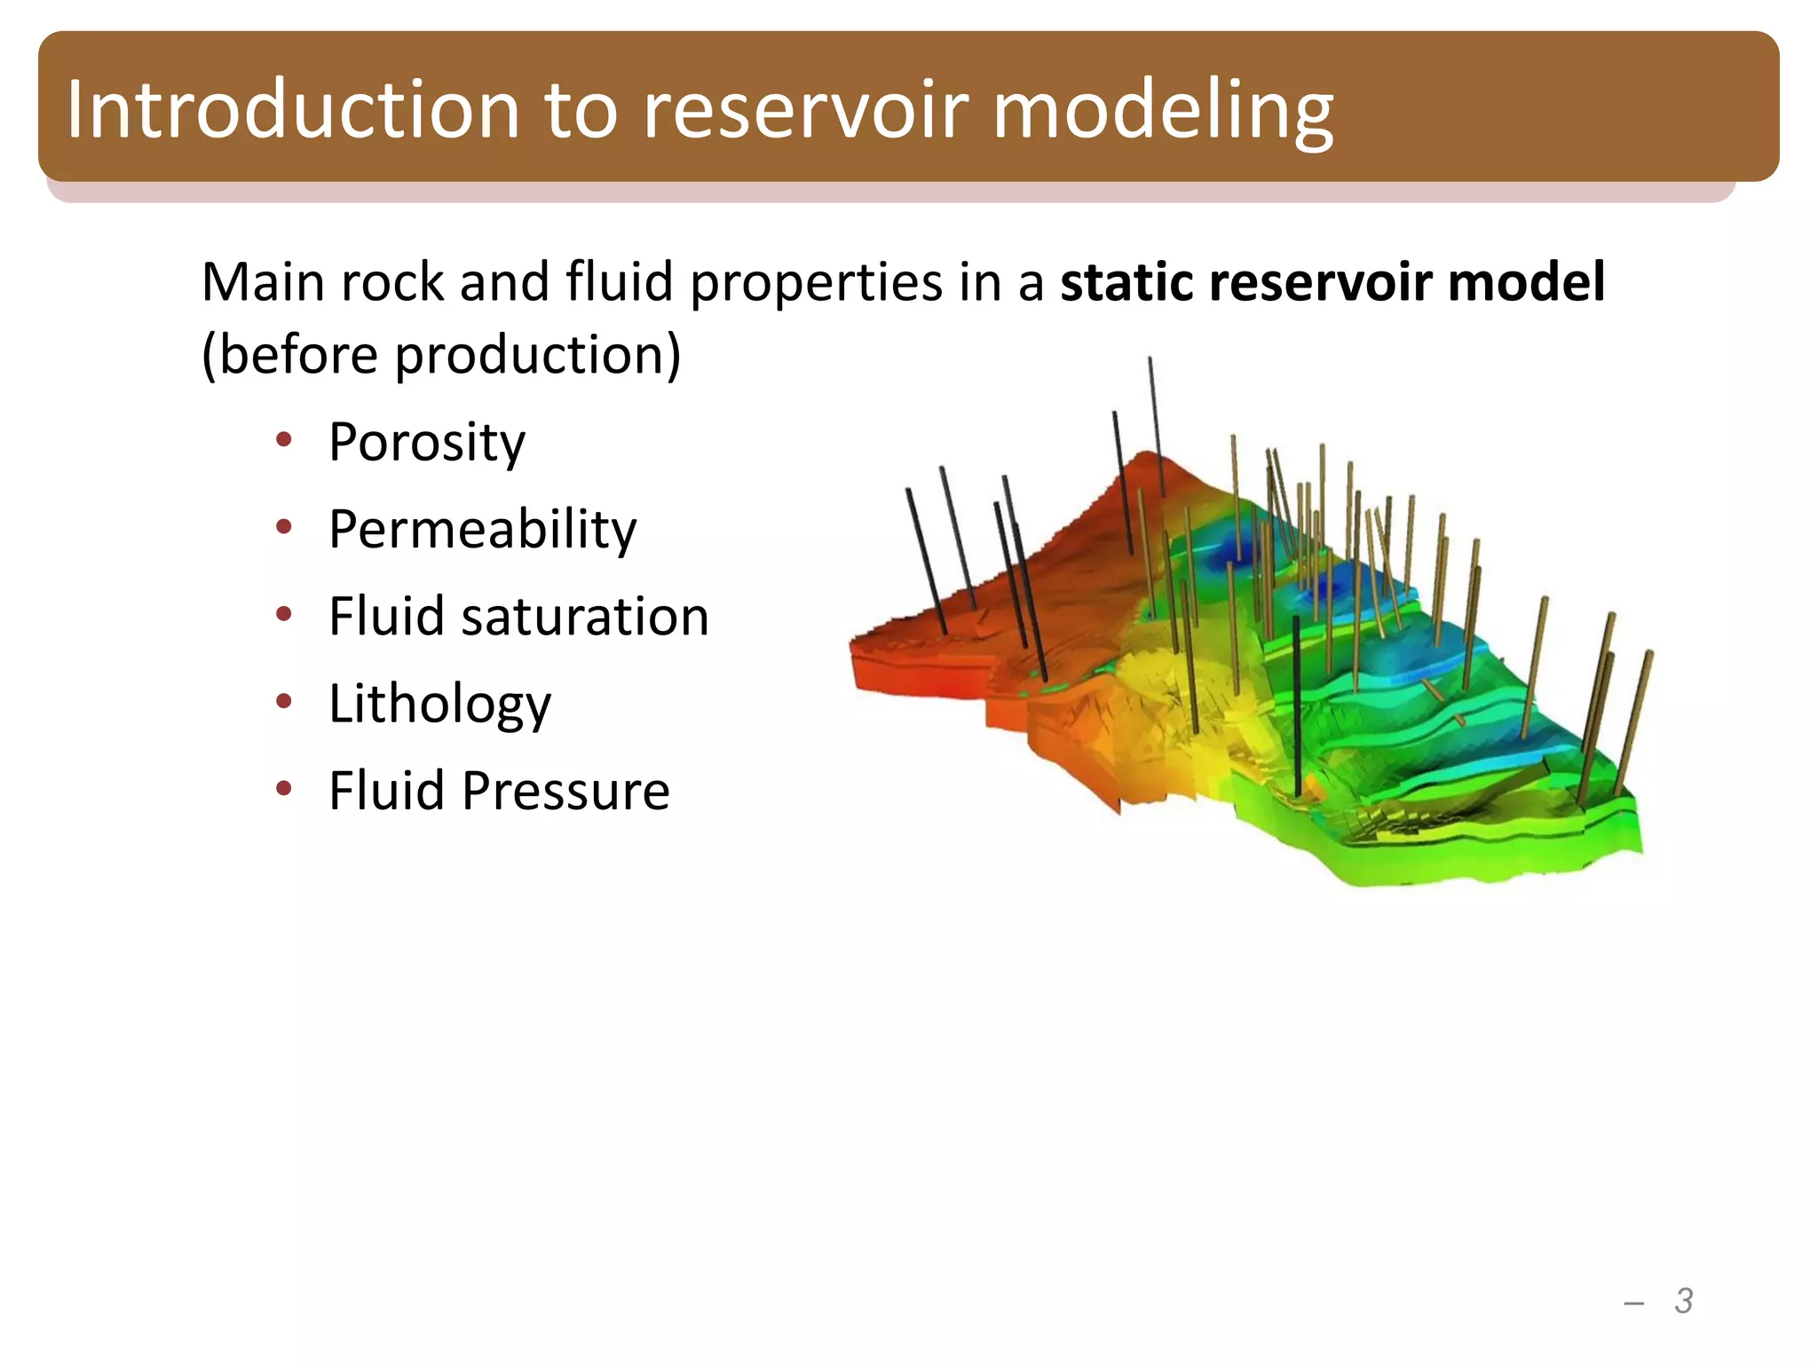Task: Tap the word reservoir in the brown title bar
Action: coord(805,109)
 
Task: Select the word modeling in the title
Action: coord(1162,111)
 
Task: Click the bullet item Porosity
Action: coord(426,442)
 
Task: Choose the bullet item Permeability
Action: coord(482,529)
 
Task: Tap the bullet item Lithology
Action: coord(439,704)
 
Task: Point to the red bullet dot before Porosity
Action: coord(283,439)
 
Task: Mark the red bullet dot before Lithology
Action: coord(283,701)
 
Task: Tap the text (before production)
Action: coord(441,355)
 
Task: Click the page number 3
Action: coord(1683,1301)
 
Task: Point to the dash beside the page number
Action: coord(1633,1303)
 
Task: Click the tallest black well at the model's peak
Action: coord(1156,426)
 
